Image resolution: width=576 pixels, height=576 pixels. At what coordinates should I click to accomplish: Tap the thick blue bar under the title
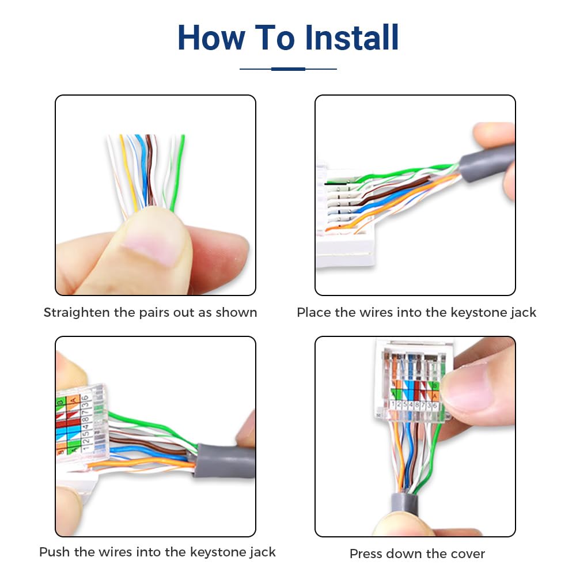288,69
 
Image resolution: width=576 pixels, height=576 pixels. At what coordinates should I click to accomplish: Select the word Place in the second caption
314,313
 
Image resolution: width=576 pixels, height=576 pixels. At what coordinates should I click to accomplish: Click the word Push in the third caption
55,552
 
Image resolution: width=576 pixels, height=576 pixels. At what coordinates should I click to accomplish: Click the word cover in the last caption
467,554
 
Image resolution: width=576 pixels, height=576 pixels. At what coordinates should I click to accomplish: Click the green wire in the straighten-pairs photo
180,167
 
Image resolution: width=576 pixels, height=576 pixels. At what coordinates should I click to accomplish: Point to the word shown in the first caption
236,313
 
